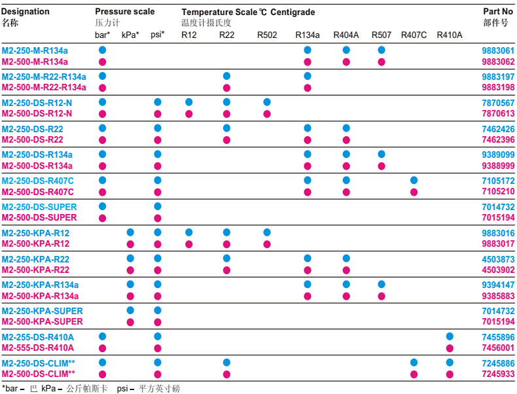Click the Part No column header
pyautogui.click(x=498, y=11)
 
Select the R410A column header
pyautogui.click(x=449, y=34)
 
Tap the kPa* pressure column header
pyautogui.click(x=130, y=34)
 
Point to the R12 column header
pyautogui.click(x=188, y=34)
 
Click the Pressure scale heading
pyautogui.click(x=124, y=12)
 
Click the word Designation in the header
pyautogui.click(x=26, y=11)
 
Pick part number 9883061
pyautogui.click(x=498, y=50)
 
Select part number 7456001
pyautogui.click(x=498, y=348)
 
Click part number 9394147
pyautogui.click(x=498, y=285)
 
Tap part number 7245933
pyautogui.click(x=498, y=373)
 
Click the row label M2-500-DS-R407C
pyautogui.click(x=37, y=192)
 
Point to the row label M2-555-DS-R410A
pyautogui.click(x=37, y=348)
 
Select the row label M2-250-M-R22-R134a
pyautogui.click(x=44, y=77)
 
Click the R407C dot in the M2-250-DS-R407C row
pyautogui.click(x=414, y=180)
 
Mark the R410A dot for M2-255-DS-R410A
pyautogui.click(x=450, y=336)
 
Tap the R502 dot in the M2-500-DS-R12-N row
pyautogui.click(x=266, y=114)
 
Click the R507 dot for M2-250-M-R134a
pyautogui.click(x=382, y=50)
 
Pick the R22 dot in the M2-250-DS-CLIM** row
pyautogui.click(x=226, y=362)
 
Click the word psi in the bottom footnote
pyautogui.click(x=123, y=388)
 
